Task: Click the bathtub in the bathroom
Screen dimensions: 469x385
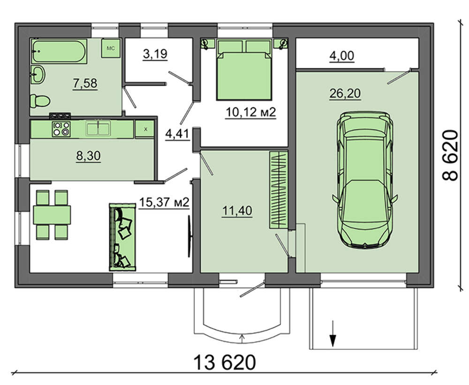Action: (59, 51)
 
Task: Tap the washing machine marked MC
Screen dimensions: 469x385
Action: (111, 48)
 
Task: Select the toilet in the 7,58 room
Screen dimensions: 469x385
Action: (40, 101)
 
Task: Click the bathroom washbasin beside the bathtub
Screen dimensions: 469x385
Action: (38, 74)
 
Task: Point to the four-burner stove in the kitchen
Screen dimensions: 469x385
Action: (61, 129)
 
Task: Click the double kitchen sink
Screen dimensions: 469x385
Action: (98, 128)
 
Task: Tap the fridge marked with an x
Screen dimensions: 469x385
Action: (145, 129)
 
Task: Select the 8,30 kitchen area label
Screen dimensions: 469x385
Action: (89, 156)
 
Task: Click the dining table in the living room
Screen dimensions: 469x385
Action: (52, 215)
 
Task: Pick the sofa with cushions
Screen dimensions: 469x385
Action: (122, 237)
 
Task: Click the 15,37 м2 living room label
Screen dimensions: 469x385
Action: (164, 203)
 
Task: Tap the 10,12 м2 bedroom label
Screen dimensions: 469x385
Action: (250, 112)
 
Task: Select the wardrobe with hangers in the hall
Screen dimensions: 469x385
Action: (279, 190)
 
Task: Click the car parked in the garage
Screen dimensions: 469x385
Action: (364, 179)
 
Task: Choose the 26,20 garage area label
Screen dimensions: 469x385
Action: (345, 94)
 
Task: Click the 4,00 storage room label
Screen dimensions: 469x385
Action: (342, 56)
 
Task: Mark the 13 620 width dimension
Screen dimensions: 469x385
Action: (225, 363)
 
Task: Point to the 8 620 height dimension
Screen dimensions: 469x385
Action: (450, 155)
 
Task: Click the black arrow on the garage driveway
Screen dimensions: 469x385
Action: (333, 333)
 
